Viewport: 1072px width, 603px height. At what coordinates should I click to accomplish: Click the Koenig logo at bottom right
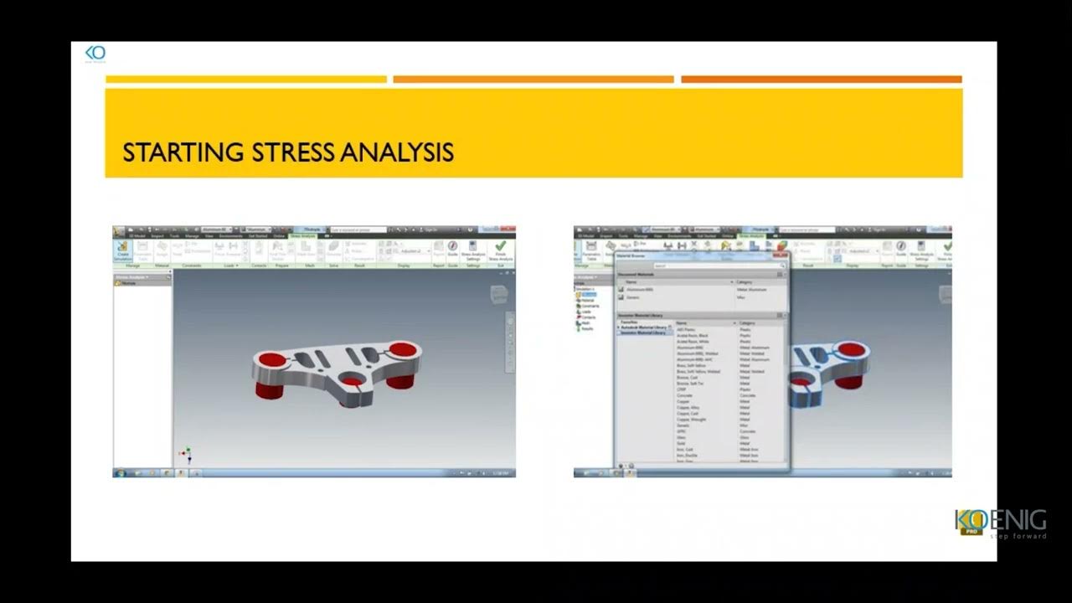point(1000,523)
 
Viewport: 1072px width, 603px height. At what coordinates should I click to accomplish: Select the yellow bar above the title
point(246,80)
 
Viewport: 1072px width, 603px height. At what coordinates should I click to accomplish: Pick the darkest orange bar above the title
point(821,80)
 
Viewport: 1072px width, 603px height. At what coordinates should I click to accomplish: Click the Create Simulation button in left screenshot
point(123,250)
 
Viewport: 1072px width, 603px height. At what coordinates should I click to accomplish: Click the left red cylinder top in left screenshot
point(271,359)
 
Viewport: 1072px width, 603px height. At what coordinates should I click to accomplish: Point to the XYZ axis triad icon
point(187,455)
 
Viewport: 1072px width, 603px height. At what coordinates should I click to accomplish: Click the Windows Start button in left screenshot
point(121,473)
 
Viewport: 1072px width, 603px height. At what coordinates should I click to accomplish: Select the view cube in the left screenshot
point(499,293)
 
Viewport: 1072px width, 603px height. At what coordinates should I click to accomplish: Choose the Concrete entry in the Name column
point(684,395)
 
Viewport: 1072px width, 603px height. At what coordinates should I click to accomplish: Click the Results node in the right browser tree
point(587,328)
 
